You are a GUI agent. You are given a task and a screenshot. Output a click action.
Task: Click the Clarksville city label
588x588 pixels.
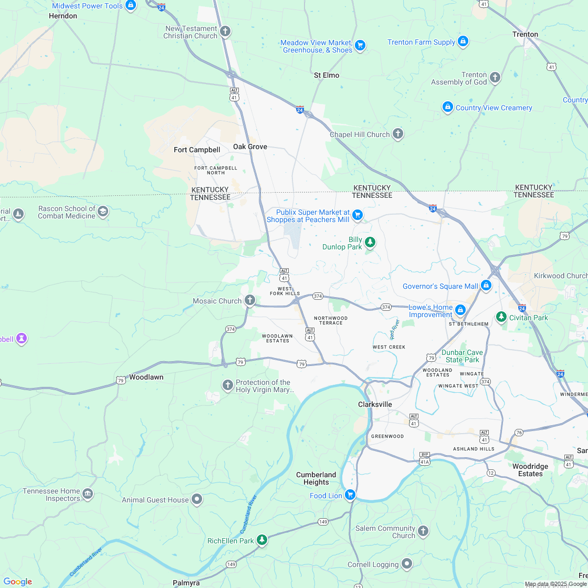point(375,404)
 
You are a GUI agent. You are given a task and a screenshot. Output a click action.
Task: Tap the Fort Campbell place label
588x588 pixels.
point(197,150)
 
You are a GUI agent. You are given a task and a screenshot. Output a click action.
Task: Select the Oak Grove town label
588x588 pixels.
point(250,146)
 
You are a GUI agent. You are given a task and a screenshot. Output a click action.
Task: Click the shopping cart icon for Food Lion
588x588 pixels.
point(350,495)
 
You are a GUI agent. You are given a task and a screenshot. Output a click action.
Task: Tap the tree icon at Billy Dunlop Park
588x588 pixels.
point(371,242)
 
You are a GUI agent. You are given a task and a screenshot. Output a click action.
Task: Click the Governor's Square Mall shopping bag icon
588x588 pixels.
point(486,286)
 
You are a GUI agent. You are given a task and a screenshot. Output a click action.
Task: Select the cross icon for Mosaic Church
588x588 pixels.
point(250,300)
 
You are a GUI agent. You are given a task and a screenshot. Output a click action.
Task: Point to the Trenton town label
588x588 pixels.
point(525,34)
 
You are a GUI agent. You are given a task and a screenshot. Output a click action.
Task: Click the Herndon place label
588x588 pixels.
point(63,16)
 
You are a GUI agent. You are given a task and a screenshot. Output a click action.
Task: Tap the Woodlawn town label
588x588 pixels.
point(146,377)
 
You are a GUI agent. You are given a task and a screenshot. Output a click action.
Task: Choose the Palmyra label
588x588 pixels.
point(186,583)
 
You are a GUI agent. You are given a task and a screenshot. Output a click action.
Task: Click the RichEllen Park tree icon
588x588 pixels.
point(261,540)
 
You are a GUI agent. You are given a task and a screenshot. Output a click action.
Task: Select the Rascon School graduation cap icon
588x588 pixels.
point(103,212)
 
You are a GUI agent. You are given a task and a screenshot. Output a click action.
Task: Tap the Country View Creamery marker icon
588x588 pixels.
point(447,107)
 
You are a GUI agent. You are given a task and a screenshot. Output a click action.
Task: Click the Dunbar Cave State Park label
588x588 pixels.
point(463,356)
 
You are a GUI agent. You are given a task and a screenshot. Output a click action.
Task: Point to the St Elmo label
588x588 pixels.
point(327,75)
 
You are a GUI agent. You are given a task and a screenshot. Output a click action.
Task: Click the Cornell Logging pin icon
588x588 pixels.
point(407,564)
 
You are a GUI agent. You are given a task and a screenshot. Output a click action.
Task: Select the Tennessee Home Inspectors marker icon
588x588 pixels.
point(88,494)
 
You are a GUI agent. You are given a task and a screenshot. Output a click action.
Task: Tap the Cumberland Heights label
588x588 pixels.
point(316,478)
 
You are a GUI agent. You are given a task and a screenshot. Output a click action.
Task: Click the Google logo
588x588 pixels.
point(17,581)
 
